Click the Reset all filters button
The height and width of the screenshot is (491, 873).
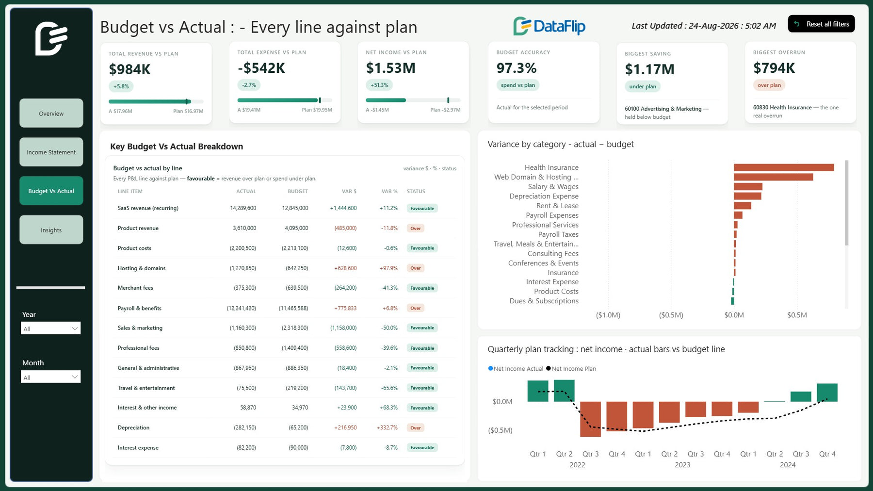(x=821, y=24)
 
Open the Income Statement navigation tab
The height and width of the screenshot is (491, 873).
(x=51, y=152)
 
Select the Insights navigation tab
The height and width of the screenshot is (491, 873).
(x=51, y=230)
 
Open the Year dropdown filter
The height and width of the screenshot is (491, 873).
(x=50, y=328)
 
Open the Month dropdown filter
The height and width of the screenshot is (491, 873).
(x=50, y=377)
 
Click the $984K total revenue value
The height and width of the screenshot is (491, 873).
(x=129, y=69)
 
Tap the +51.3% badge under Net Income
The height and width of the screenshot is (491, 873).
(x=379, y=85)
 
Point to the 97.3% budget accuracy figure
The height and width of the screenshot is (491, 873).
(x=516, y=68)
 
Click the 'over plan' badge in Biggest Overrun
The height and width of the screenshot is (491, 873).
(x=769, y=85)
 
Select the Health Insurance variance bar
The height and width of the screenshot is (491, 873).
(x=784, y=167)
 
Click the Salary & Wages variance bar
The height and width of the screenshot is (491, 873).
(x=748, y=187)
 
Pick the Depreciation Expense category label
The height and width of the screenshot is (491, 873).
(x=544, y=196)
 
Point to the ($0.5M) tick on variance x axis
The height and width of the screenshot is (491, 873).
(x=671, y=315)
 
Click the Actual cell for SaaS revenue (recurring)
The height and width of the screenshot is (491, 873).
(x=243, y=208)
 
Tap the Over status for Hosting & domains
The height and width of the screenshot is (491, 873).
(x=416, y=268)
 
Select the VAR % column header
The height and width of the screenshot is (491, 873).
(x=389, y=191)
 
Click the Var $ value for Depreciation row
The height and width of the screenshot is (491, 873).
(x=345, y=427)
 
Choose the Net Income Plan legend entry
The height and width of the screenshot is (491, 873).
(x=571, y=369)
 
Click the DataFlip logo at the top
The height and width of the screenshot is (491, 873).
(x=549, y=26)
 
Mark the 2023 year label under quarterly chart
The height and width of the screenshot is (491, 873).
(x=682, y=465)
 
